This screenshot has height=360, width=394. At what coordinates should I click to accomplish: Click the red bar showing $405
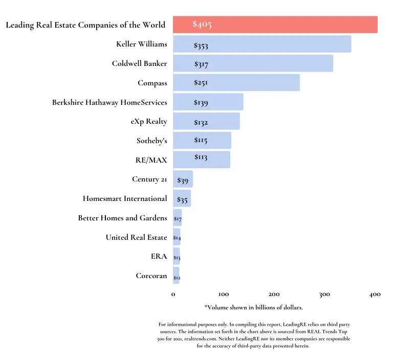coord(275,25)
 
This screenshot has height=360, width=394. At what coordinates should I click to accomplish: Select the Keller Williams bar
coord(262,44)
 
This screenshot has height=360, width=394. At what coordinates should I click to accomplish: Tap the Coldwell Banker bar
coord(253,63)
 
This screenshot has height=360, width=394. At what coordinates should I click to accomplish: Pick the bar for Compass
coord(236,83)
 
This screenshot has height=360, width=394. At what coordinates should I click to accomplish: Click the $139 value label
coord(201,103)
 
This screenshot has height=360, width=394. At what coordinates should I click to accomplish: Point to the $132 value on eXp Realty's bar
coord(201,122)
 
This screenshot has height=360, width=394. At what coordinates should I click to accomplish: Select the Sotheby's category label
coord(151,141)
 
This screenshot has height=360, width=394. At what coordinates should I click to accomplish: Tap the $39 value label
coord(183,180)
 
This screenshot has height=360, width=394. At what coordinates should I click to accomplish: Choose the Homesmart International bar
coord(182,198)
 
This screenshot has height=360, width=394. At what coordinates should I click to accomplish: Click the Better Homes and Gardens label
coord(122,218)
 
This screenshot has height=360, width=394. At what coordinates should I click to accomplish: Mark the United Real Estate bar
coord(177,237)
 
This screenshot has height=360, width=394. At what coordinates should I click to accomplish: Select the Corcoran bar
coord(177,276)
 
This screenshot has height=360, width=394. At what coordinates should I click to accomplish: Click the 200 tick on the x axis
coord(274,295)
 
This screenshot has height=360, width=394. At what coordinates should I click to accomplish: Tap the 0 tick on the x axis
coord(173,295)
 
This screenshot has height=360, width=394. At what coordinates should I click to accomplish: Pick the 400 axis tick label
coord(375,295)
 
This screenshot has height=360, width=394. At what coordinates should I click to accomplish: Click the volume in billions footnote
coord(254,307)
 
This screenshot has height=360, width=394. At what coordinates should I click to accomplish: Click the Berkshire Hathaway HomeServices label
coord(110,102)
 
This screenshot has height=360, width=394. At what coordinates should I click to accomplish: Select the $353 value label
coord(201,46)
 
